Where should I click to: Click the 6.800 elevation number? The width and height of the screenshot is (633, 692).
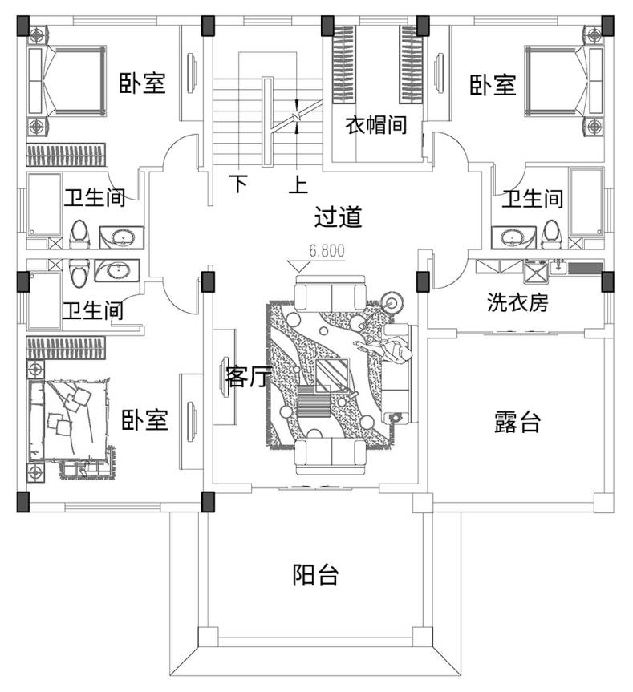click(x=327, y=251)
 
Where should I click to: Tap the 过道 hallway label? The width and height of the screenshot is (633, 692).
click(x=337, y=217)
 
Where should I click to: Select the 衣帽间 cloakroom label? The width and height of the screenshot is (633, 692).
click(x=375, y=125)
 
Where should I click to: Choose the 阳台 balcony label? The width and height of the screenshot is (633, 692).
click(x=314, y=575)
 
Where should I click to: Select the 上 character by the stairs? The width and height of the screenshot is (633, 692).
click(x=298, y=186)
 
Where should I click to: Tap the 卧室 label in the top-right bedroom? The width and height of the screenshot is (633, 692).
click(x=493, y=85)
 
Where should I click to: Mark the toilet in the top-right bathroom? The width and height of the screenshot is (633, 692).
click(x=551, y=233)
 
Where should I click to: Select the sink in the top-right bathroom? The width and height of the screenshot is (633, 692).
click(x=511, y=237)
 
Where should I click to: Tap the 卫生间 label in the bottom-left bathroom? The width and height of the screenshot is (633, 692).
click(x=94, y=310)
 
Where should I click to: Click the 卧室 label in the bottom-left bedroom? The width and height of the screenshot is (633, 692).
click(x=144, y=420)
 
